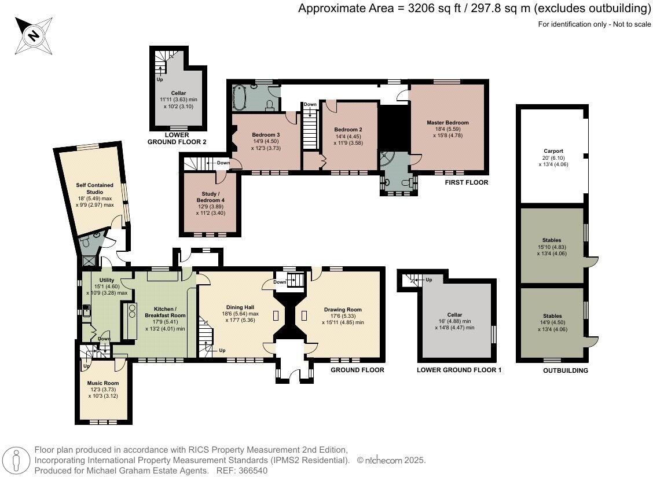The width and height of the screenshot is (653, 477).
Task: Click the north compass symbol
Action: (x=34, y=35)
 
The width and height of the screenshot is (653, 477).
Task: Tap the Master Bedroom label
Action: (x=447, y=123)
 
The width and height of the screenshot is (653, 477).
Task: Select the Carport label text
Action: (x=550, y=151)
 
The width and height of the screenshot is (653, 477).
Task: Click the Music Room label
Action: (x=103, y=383)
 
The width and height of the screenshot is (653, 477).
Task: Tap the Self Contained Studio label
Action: (x=95, y=188)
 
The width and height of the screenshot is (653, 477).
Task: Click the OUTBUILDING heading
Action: (x=565, y=370)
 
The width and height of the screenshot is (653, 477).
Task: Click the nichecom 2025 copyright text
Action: (x=392, y=461)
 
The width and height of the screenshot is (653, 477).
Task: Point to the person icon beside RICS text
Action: (x=19, y=461)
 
